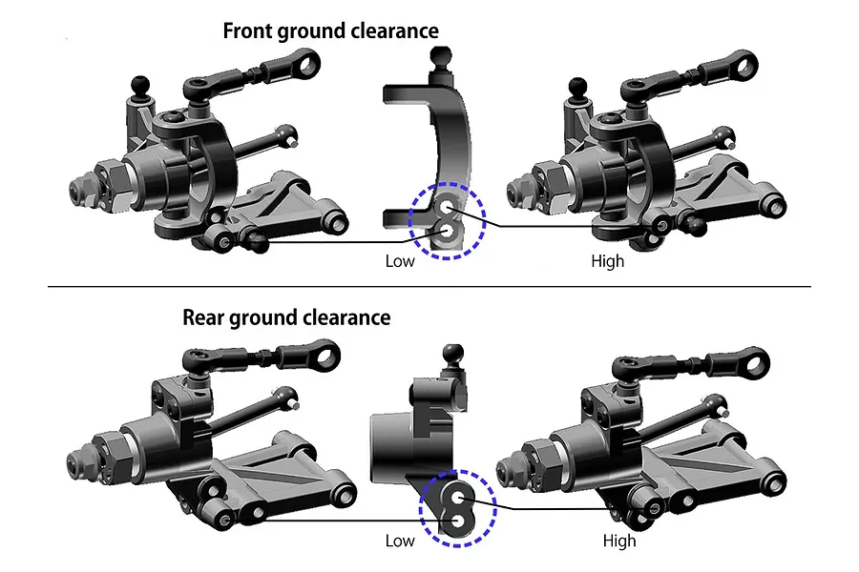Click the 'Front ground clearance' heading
pos(330,31)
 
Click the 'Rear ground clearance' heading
pos(286,318)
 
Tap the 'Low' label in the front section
pos(400,261)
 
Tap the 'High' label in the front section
pos(608,261)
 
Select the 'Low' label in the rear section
pos(400,541)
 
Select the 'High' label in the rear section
pos(619,541)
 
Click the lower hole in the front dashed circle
pos(447,232)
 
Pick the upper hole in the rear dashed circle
pos(458,497)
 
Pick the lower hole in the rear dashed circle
pos(457,520)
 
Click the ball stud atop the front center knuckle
pos(441,56)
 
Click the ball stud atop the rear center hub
pos(453,354)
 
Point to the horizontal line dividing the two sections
pos(429,286)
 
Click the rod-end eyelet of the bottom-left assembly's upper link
pos(325,355)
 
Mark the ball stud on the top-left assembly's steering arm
pos(140,86)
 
